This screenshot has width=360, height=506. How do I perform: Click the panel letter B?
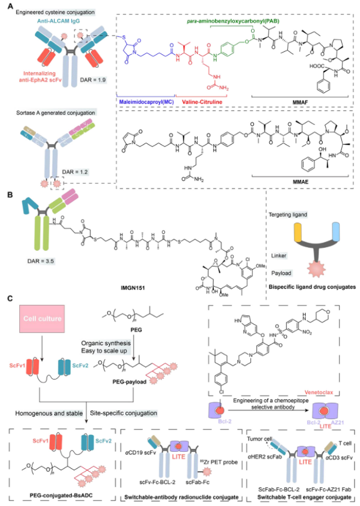pyautogui.click(x=5, y=194)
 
